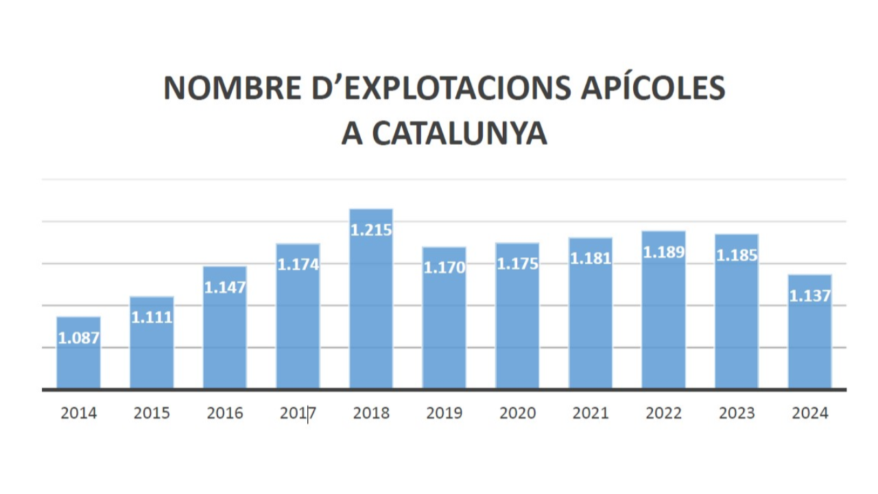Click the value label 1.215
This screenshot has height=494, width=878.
coord(371,231)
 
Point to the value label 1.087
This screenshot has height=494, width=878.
coord(78,338)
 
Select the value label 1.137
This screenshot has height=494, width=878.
coord(809,296)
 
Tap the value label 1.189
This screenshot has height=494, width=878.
coord(663,252)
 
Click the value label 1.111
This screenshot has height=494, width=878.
coord(152,318)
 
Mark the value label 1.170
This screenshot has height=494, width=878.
coord(444,268)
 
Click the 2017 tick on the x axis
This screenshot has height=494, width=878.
coord(298,413)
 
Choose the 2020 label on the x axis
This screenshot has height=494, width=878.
coord(517,413)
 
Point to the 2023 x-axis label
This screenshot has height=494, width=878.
coord(737,413)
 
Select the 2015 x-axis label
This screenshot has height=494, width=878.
coord(152,413)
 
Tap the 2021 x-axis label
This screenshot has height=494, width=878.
coord(591,413)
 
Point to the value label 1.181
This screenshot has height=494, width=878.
coord(591,259)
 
